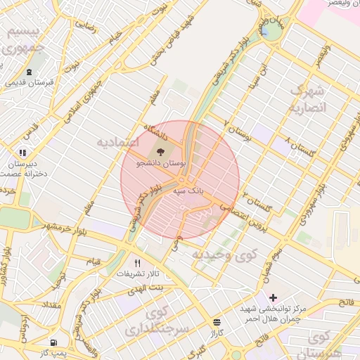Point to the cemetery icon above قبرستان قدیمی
pyautogui.click(x=29, y=72)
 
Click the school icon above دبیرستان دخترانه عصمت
pyautogui.click(x=23, y=153)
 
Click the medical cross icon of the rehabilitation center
pyautogui.click(x=274, y=298)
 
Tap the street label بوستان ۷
pyautogui.click(x=236, y=127)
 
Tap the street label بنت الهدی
pyautogui.click(x=150, y=289)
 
